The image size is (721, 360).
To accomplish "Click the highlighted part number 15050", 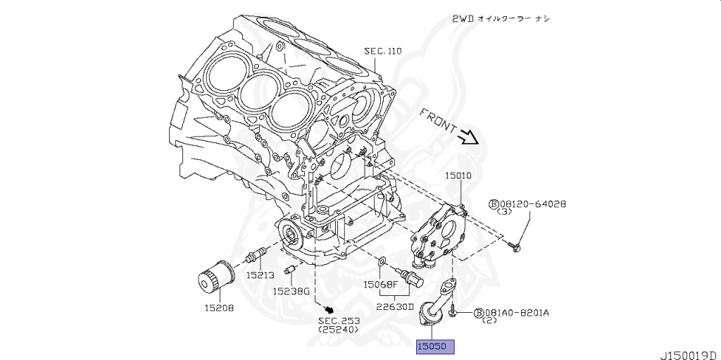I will (x=435, y=347).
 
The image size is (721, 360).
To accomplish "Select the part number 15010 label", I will (x=458, y=175).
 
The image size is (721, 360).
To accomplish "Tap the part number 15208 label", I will (x=219, y=308).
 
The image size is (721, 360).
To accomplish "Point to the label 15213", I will (x=261, y=275).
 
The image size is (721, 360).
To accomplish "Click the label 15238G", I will (x=292, y=290).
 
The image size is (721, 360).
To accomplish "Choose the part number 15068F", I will (x=381, y=285).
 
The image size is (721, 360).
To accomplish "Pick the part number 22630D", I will (x=394, y=306).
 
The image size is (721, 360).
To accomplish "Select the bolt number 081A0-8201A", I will (x=515, y=312).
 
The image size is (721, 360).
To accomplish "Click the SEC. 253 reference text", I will (x=338, y=321).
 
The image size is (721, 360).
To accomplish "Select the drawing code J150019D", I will (x=688, y=354).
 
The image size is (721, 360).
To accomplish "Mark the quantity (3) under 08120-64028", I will (x=504, y=211).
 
